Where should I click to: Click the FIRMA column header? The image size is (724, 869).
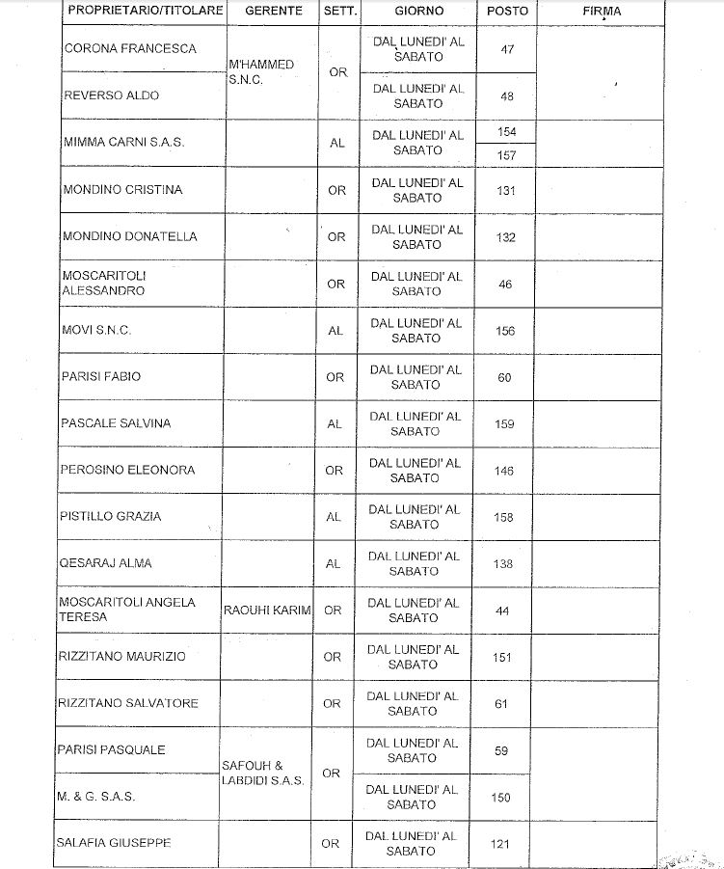click(602, 12)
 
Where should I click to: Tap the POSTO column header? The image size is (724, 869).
click(506, 12)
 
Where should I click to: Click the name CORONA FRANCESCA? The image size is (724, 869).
click(129, 48)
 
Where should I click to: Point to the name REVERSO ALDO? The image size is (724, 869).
click(111, 95)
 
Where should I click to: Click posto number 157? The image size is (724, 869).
click(506, 155)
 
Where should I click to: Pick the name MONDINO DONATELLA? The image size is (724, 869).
click(129, 236)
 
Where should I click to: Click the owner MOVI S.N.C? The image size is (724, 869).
click(96, 331)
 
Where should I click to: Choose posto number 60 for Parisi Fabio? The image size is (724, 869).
click(505, 377)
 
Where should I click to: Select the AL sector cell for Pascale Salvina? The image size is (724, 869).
click(335, 423)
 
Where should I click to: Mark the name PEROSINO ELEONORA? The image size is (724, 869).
click(127, 470)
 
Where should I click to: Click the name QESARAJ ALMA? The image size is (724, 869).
click(106, 563)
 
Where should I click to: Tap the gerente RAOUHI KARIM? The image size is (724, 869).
click(267, 611)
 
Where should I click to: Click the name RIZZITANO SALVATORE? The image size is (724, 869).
click(129, 703)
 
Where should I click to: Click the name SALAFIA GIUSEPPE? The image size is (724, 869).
click(116, 843)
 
